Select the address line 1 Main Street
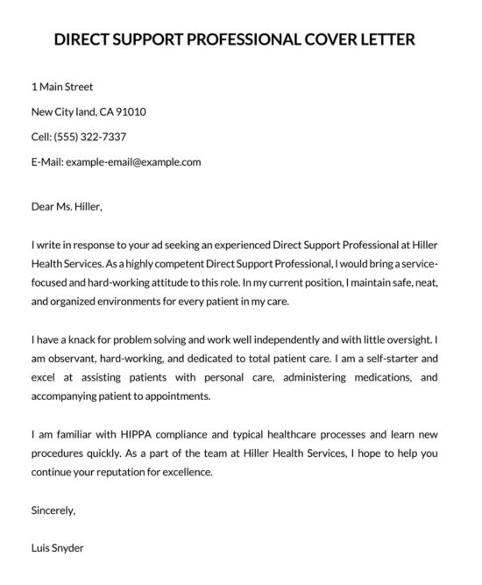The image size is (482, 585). (x=61, y=87)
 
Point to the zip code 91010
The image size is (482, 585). (x=128, y=111)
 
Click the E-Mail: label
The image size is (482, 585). (x=48, y=161)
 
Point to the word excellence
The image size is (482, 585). (x=182, y=471)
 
